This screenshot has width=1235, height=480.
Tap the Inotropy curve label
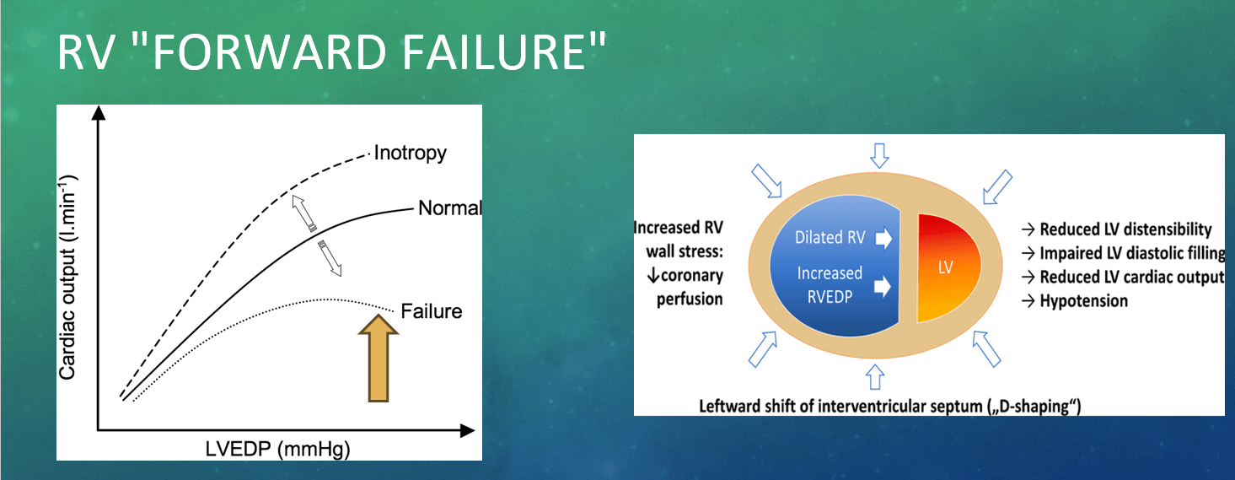(x=411, y=154)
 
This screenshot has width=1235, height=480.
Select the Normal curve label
(x=450, y=208)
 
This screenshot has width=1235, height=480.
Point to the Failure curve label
(x=431, y=311)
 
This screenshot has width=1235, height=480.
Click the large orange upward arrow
(x=379, y=359)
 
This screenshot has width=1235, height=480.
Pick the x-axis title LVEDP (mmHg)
(x=278, y=449)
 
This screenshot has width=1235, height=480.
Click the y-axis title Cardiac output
(x=67, y=277)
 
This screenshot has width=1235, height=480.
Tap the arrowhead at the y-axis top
(x=98, y=112)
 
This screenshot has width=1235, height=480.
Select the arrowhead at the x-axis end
(x=467, y=431)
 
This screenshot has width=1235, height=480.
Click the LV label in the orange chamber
(x=946, y=267)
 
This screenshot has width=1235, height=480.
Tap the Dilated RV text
(x=830, y=237)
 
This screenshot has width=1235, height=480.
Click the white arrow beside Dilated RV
(x=883, y=239)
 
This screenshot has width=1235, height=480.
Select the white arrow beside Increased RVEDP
(x=883, y=286)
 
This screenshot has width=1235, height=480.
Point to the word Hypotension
(x=1083, y=300)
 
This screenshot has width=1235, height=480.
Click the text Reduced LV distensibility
(x=1125, y=229)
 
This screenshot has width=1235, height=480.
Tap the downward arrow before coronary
(x=652, y=275)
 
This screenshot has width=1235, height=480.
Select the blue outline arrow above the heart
(x=879, y=155)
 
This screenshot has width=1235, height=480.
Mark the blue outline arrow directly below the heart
(x=875, y=377)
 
